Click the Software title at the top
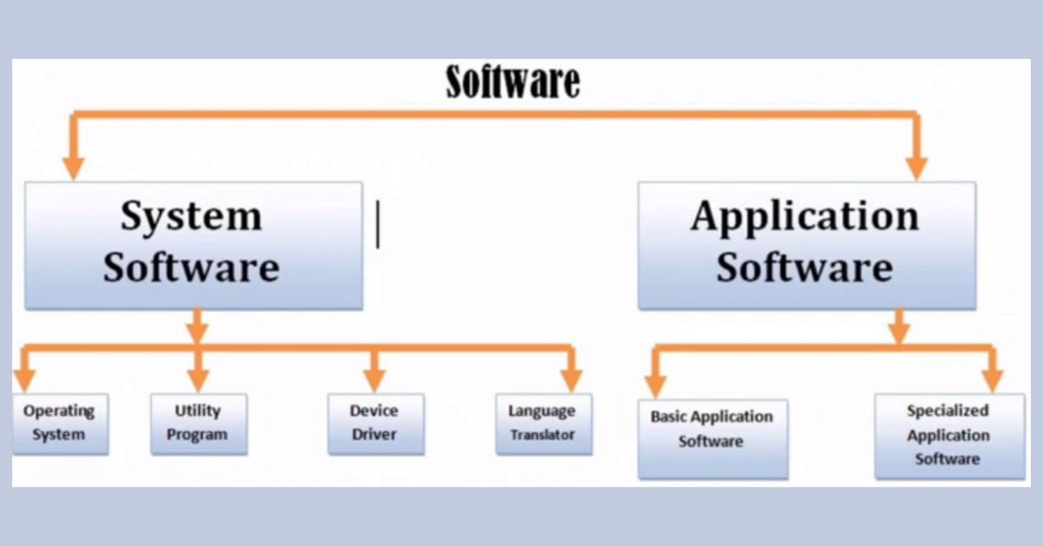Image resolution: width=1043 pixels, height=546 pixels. [x=513, y=82]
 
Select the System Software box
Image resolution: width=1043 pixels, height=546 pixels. [x=193, y=244]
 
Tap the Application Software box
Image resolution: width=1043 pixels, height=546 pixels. [x=806, y=244]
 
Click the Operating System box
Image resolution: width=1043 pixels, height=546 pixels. [x=59, y=423]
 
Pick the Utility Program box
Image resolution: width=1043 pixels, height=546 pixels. [x=198, y=423]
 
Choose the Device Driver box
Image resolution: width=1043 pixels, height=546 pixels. [x=375, y=423]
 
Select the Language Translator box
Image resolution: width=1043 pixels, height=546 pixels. [x=543, y=423]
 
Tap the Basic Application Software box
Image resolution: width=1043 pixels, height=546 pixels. [x=712, y=438]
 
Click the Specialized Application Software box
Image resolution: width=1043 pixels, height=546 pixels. [x=949, y=436]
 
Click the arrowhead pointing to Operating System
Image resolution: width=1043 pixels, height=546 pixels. [x=25, y=380]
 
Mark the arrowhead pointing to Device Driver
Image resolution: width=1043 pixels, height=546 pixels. [x=375, y=380]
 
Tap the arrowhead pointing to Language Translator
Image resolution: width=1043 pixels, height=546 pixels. [x=570, y=380]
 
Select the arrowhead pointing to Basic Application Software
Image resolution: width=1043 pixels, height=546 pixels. [x=655, y=383]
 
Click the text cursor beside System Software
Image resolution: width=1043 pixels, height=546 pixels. [x=377, y=224]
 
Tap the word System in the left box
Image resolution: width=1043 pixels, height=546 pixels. [x=191, y=216]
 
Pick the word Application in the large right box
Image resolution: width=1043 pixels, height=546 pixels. [x=805, y=217]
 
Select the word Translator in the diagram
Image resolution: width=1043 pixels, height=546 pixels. [x=543, y=436]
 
